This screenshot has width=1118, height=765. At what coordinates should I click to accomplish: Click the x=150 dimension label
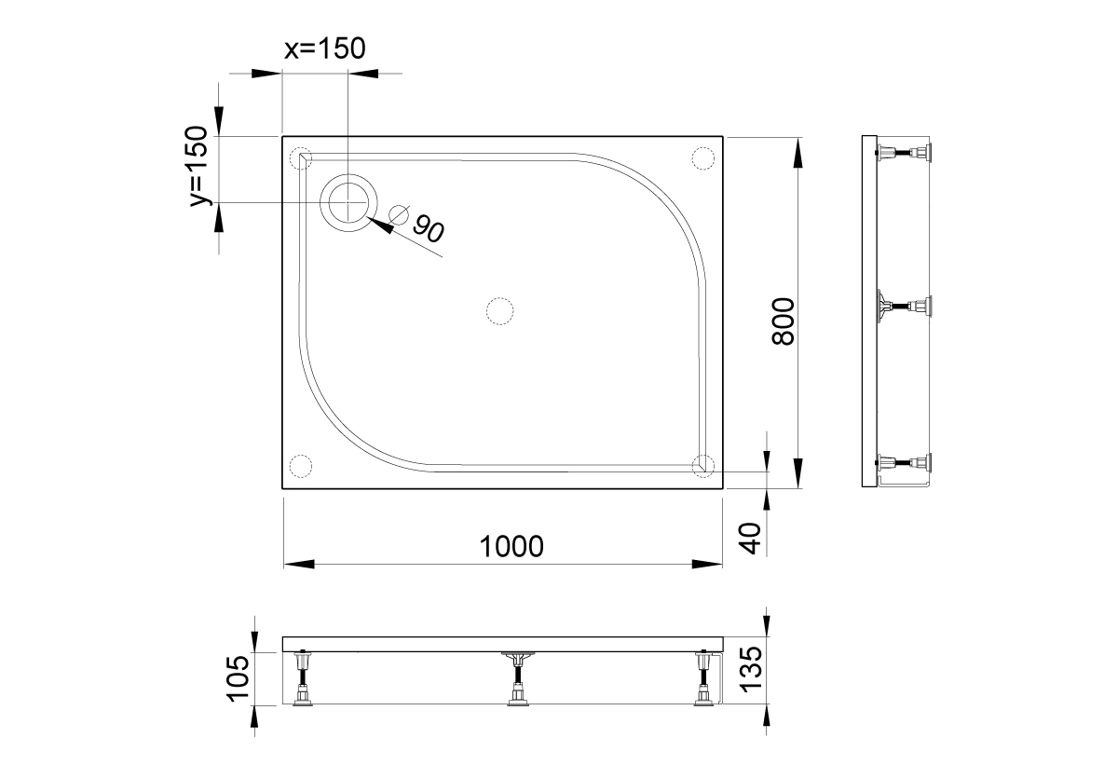tap(324, 49)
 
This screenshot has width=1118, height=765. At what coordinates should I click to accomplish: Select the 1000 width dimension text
tap(511, 546)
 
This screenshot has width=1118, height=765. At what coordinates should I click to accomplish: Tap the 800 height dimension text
tap(784, 321)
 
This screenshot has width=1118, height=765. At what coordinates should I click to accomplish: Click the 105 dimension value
tap(237, 678)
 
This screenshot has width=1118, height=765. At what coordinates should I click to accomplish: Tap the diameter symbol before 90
tap(399, 214)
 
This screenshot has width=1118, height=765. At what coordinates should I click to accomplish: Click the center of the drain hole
tap(349, 202)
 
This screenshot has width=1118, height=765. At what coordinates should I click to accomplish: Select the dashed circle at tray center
tap(500, 310)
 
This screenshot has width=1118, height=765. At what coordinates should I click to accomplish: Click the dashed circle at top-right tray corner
tap(702, 157)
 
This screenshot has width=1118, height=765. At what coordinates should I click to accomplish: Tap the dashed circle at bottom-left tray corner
tap(300, 465)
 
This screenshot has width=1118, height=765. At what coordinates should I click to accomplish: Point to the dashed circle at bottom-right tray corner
tap(703, 464)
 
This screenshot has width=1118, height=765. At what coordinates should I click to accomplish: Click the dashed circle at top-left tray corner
tap(300, 157)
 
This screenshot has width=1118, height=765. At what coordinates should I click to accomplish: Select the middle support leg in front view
tap(516, 680)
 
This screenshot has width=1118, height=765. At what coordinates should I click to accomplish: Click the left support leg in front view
tap(303, 680)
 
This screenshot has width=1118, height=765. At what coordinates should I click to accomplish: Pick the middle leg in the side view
tap(904, 306)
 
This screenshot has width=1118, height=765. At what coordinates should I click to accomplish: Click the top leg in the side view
tap(904, 153)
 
